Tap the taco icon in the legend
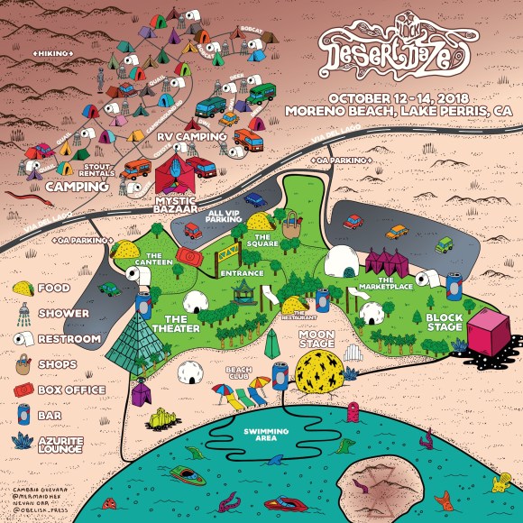tap(23, 288)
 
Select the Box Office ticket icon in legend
tap(23, 390)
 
